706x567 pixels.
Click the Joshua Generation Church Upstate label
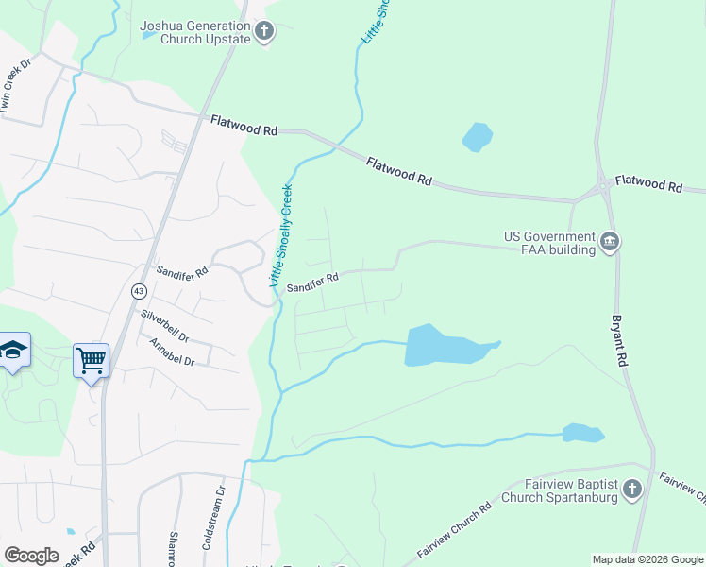pos(195,32)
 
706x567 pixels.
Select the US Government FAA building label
pos(549,243)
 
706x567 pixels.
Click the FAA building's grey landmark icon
pos(610,243)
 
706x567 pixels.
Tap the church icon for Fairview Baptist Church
pos(632,490)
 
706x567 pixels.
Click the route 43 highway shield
pos(139,291)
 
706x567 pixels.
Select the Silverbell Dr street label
pos(164,325)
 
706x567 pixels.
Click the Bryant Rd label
pos(620,341)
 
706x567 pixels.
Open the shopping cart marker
pos(92,358)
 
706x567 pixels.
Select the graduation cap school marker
pos(14,351)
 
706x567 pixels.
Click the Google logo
pos(31,556)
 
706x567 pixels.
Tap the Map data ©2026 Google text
pos(647,559)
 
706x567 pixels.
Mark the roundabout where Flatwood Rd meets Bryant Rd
pos(601,188)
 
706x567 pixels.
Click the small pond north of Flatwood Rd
pos(478,137)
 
